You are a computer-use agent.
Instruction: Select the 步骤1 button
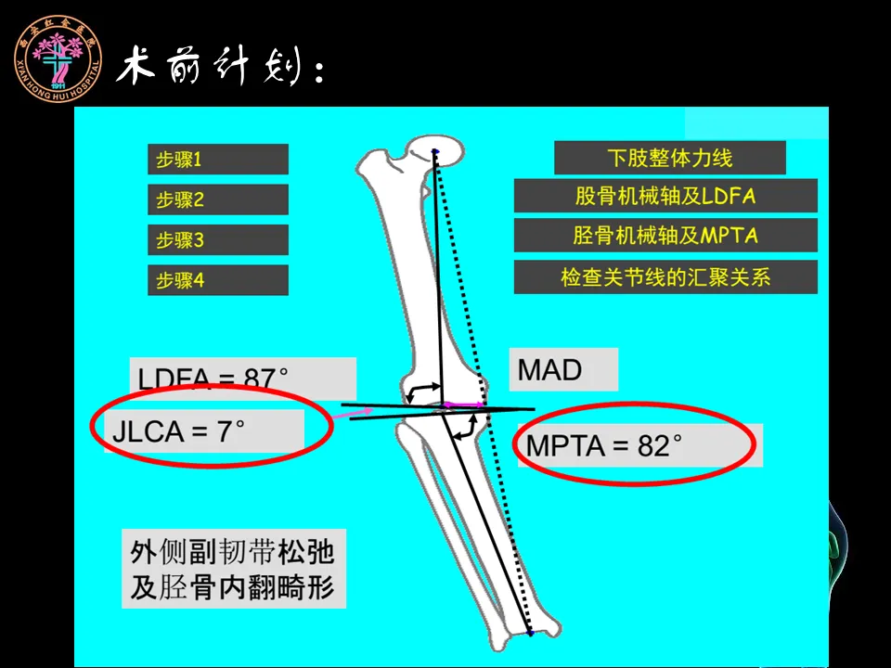pyautogui.click(x=217, y=159)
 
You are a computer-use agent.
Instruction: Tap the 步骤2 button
pyautogui.click(x=217, y=199)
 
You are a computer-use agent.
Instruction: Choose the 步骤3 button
pyautogui.click(x=217, y=240)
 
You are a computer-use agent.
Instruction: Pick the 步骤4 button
pyautogui.click(x=217, y=280)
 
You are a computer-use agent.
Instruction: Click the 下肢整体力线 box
pyautogui.click(x=669, y=158)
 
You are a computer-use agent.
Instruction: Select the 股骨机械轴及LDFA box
pyautogui.click(x=665, y=196)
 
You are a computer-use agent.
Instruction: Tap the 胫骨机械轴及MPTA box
pyautogui.click(x=665, y=236)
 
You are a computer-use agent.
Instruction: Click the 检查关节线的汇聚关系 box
pyautogui.click(x=665, y=276)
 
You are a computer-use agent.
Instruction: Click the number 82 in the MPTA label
pyautogui.click(x=653, y=446)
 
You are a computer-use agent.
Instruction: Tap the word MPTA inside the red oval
pyautogui.click(x=566, y=446)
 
